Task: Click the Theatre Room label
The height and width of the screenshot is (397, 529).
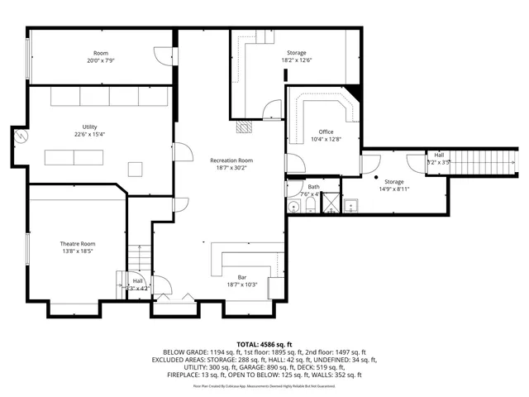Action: click(x=77, y=244)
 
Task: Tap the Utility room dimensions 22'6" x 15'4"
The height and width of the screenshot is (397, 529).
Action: click(x=89, y=134)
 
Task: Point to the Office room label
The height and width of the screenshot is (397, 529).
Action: click(x=326, y=132)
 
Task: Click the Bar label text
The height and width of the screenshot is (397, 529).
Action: click(x=242, y=277)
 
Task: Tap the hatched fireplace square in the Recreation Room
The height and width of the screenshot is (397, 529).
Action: click(x=242, y=127)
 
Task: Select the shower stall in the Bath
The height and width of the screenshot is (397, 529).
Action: click(x=331, y=203)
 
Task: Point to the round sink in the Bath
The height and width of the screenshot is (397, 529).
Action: click(x=293, y=204)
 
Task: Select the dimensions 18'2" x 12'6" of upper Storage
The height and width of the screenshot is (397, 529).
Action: click(x=296, y=60)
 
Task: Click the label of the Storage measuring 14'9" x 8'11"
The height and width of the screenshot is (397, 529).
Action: click(x=393, y=181)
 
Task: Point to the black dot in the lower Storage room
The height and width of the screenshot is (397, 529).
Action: click(x=376, y=178)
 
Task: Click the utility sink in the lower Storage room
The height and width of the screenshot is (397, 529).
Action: click(x=350, y=203)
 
